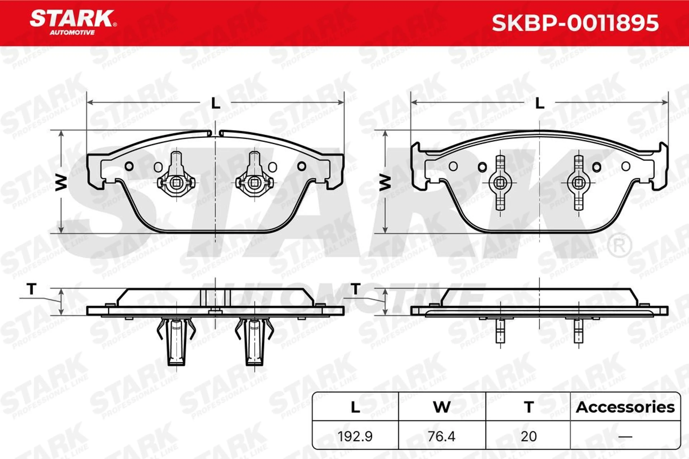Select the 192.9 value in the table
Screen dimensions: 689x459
point(355,436)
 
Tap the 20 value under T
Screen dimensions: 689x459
point(529,436)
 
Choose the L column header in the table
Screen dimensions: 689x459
point(355,407)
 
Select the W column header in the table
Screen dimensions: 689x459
point(442,407)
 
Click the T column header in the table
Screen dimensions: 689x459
point(529,407)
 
